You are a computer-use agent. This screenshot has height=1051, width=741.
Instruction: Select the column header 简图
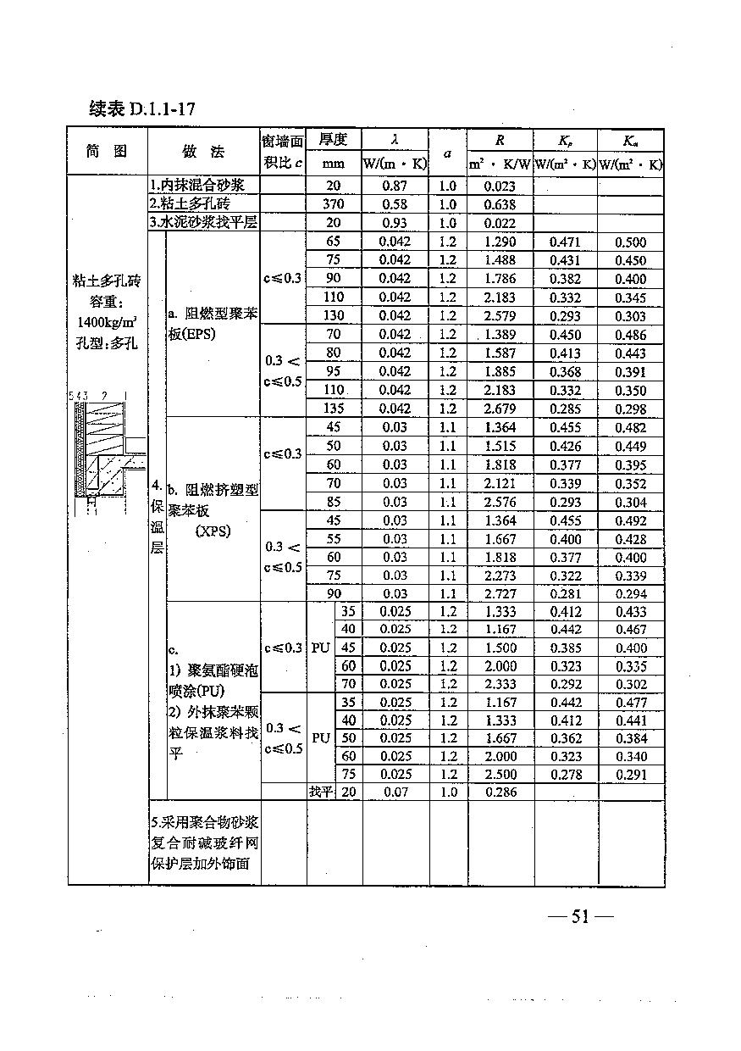pos(107,151)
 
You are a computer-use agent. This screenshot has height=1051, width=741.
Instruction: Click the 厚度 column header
pos(334,139)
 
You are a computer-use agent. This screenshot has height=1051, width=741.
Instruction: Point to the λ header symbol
pos(395,139)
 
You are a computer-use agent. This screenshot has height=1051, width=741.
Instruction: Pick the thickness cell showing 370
pos(334,204)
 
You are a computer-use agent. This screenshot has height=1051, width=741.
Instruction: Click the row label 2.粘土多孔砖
pos(190,204)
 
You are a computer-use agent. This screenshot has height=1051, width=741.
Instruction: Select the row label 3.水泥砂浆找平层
pos(203,222)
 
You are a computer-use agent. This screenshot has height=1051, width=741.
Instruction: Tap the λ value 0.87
pos(395,186)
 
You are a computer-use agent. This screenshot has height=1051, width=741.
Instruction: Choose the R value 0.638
pos(500,204)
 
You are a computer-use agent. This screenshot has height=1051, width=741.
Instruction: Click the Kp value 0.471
pos(565,242)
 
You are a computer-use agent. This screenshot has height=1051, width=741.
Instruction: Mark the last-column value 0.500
pos(630,242)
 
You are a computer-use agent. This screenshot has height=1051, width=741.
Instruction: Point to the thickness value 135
pos(334,409)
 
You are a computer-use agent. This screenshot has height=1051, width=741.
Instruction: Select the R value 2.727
pos(500,594)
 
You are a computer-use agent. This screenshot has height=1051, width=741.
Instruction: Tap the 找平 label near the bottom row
pos(321,792)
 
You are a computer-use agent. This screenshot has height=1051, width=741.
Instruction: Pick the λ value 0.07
pos(395,792)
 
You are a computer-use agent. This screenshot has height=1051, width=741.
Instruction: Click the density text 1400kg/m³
pos(107,322)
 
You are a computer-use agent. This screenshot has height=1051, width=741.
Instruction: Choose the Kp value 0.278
pos(565,774)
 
